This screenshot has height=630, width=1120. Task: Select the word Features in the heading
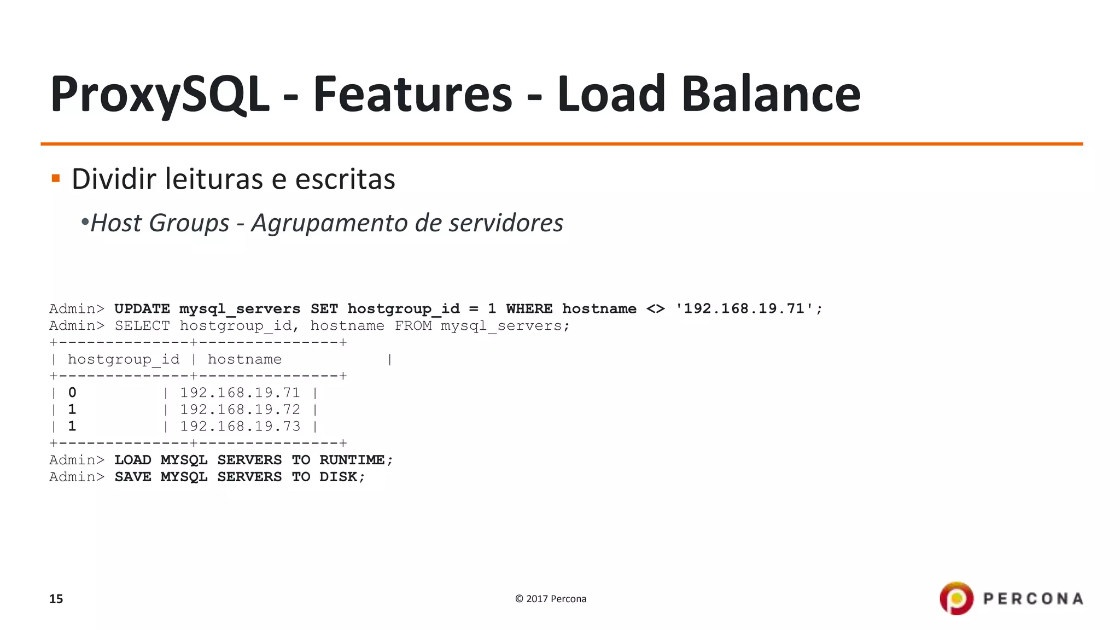[x=412, y=94]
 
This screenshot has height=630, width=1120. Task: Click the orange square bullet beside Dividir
[x=55, y=178]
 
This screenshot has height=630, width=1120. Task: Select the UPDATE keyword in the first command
[x=142, y=309]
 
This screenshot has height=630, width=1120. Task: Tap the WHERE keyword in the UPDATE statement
[x=529, y=309]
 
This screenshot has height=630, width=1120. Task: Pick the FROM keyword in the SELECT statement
[x=413, y=326]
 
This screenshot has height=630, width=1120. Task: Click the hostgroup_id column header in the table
[x=123, y=359]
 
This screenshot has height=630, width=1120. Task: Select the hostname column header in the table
[x=244, y=359]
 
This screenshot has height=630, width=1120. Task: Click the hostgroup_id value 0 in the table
[x=72, y=393]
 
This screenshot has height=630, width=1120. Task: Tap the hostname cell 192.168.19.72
[x=240, y=410]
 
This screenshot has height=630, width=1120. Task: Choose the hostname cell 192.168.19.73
[x=240, y=427]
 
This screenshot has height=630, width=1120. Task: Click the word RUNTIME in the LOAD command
[x=352, y=460]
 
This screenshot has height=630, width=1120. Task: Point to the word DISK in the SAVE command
[x=338, y=477]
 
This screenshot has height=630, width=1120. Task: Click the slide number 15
[x=56, y=599]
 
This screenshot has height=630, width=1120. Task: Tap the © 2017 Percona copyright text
[x=550, y=599]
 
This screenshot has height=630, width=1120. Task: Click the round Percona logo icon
[x=956, y=598]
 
